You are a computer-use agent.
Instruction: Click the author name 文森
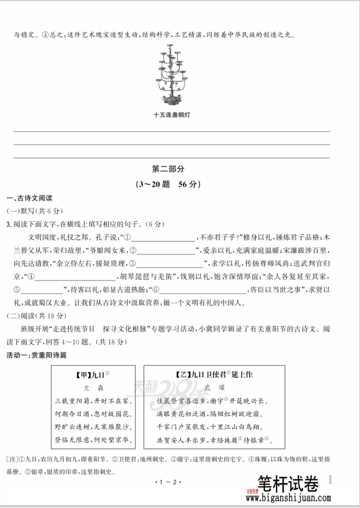[x=93, y=389]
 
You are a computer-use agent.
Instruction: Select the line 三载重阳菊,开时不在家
[x=93, y=401]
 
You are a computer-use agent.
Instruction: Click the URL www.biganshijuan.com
[x=288, y=499]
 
